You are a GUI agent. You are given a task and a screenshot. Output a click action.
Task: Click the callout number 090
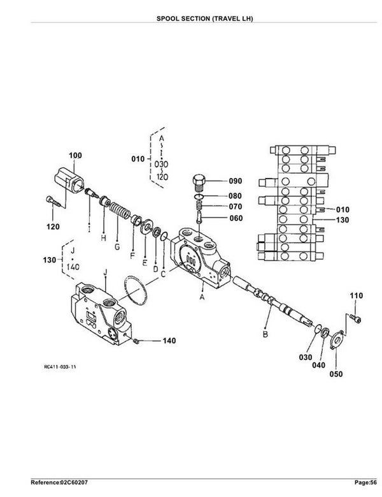click(x=236, y=181)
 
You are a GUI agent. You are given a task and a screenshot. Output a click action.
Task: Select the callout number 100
click(x=75, y=155)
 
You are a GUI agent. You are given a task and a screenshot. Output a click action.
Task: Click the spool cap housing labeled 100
click(x=69, y=180)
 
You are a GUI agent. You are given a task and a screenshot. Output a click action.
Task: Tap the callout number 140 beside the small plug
click(x=169, y=341)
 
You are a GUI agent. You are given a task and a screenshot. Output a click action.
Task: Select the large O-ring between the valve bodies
click(x=136, y=290)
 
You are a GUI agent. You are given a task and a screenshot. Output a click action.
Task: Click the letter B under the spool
click(x=265, y=334)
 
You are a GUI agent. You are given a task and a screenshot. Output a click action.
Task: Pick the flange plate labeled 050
click(x=336, y=341)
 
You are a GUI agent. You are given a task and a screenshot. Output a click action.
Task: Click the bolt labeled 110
click(x=356, y=318)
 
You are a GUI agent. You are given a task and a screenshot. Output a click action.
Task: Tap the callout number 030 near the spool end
click(x=306, y=357)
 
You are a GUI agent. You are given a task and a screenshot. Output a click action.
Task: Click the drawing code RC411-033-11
click(x=60, y=367)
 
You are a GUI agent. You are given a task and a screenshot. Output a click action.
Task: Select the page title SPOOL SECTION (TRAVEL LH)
click(x=205, y=19)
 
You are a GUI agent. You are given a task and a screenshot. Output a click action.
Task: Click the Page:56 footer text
click(x=366, y=483)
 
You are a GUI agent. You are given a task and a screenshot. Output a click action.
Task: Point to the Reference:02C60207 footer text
click(x=59, y=483)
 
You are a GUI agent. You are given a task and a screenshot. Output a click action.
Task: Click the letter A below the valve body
click(x=202, y=297)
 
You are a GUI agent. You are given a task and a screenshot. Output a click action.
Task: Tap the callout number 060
click(x=236, y=218)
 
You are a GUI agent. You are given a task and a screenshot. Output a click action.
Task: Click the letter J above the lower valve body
click(x=105, y=272)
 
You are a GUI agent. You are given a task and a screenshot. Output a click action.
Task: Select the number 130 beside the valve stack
click(x=343, y=219)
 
